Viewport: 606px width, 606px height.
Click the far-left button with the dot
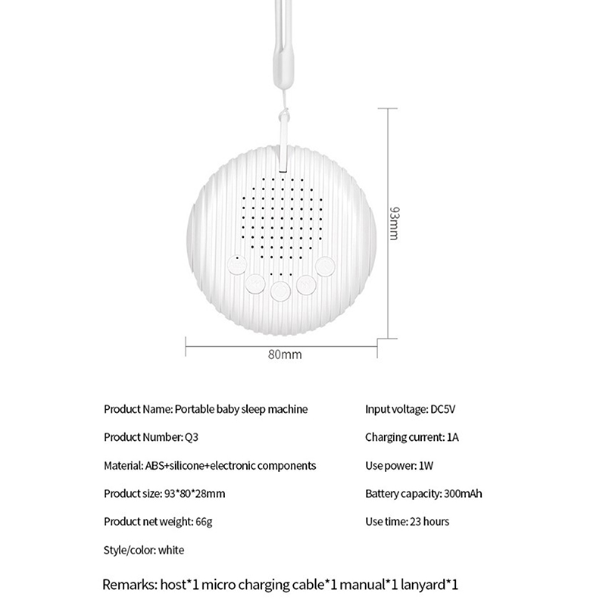[236, 265]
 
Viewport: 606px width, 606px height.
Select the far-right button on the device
[326, 266]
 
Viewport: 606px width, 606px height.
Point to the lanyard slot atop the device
[283, 161]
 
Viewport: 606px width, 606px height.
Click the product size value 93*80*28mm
[195, 494]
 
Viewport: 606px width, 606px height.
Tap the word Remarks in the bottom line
[130, 585]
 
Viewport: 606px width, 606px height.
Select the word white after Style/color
[171, 550]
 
